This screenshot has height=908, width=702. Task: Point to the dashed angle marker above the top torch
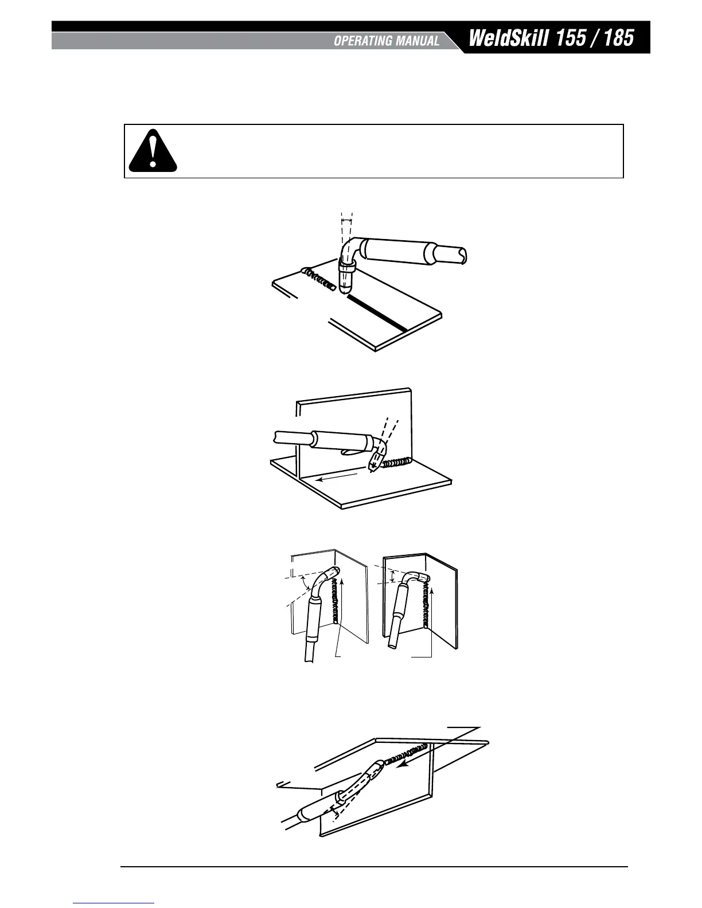[x=346, y=220]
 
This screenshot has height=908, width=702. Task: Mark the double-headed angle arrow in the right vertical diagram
[x=392, y=576]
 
